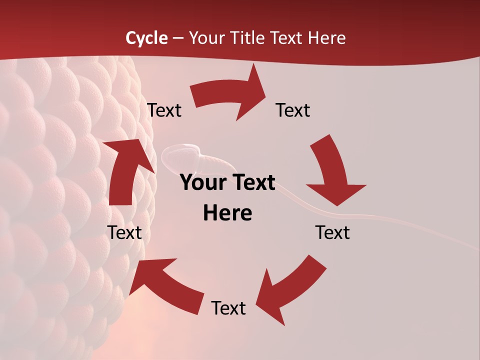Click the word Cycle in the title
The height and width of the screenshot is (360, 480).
(x=146, y=38)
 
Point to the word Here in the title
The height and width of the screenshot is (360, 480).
(x=327, y=38)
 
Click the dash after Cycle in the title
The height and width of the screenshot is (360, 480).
(x=177, y=38)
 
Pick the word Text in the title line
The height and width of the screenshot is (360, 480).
(x=287, y=38)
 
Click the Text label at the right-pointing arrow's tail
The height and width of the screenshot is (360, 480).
(x=164, y=110)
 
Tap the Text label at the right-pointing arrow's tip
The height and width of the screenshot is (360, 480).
(x=293, y=110)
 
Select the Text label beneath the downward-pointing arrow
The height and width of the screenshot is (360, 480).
(x=332, y=233)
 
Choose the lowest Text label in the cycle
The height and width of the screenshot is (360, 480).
(x=228, y=308)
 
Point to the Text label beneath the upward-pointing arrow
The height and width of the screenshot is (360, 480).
(x=125, y=233)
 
